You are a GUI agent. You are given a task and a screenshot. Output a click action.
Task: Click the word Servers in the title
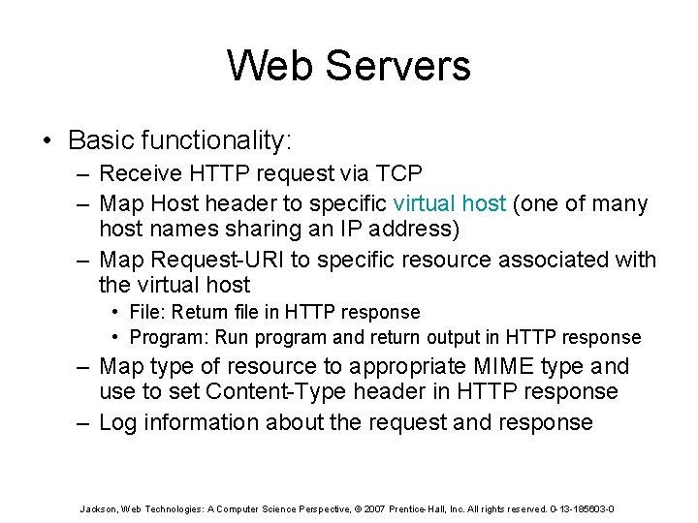pyautogui.click(x=397, y=66)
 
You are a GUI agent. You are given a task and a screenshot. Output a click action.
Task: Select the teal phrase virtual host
pyautogui.click(x=449, y=204)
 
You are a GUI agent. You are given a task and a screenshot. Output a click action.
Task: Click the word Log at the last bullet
pyautogui.click(x=118, y=422)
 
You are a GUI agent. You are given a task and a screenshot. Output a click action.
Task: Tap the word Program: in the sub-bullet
pyautogui.click(x=169, y=337)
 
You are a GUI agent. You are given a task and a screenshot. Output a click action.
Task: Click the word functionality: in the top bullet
pyautogui.click(x=216, y=140)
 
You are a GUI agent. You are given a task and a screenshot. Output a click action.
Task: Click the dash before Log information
pyautogui.click(x=85, y=422)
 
